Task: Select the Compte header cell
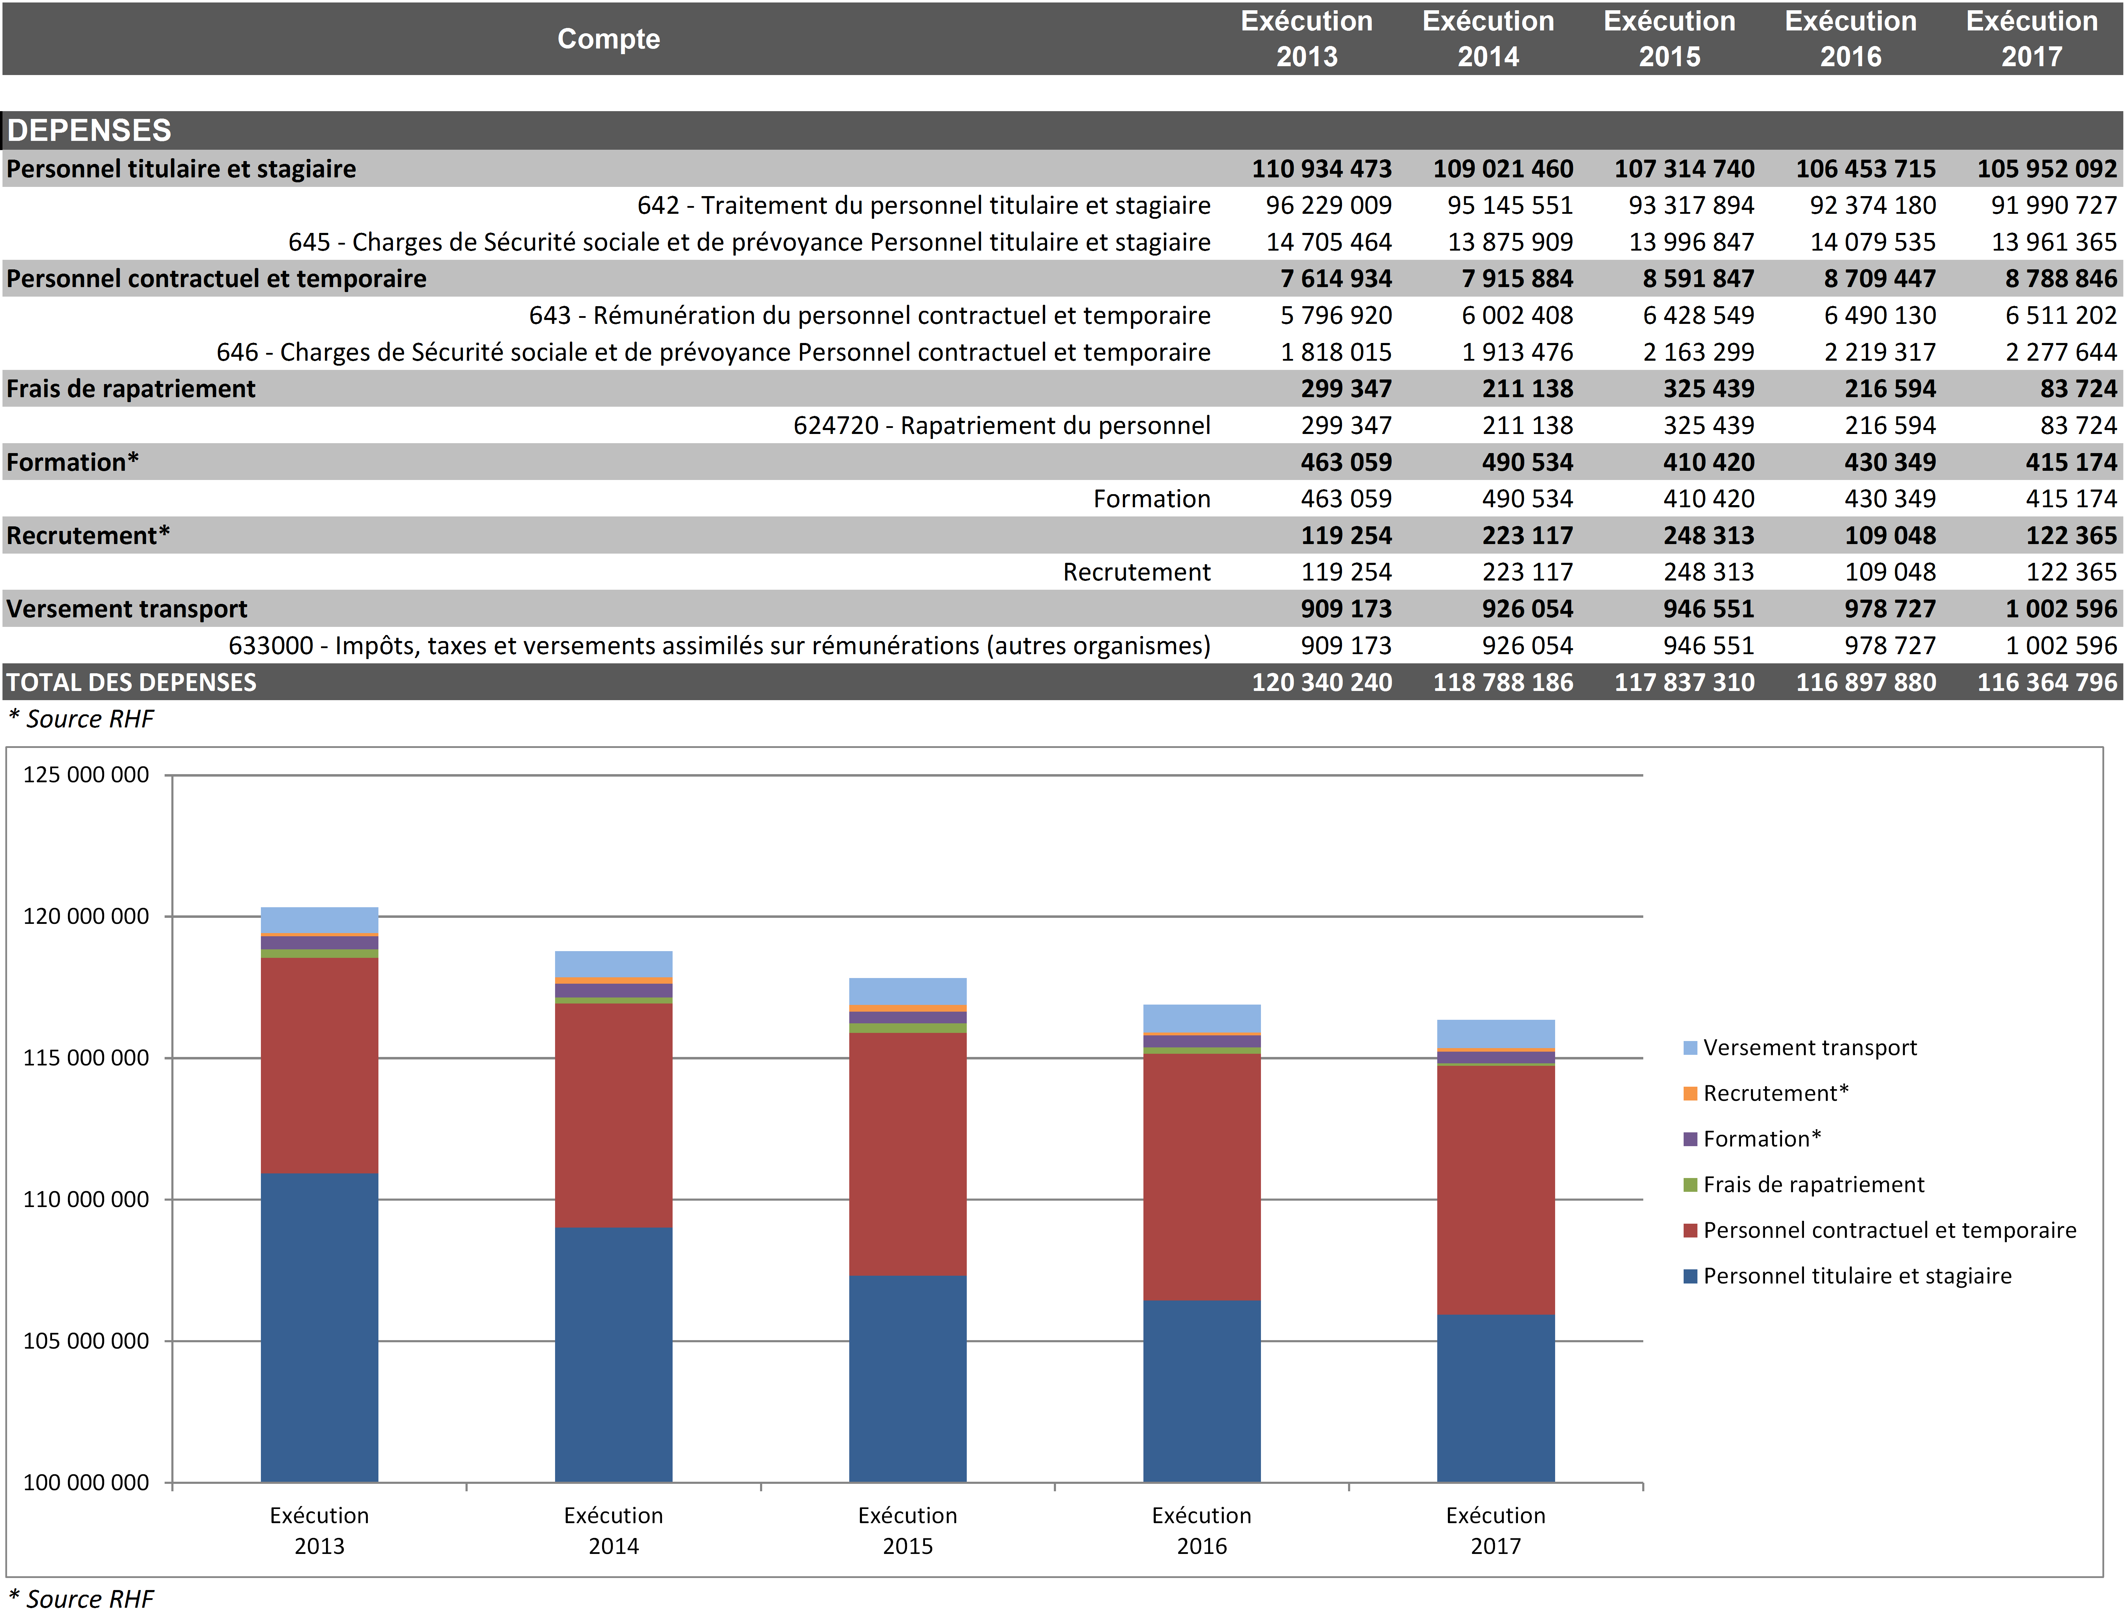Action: pyautogui.click(x=609, y=39)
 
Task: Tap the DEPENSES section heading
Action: pyautogui.click(x=90, y=130)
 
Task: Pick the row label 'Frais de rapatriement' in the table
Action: pyautogui.click(x=131, y=389)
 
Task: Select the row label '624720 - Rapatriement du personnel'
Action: pyautogui.click(x=1002, y=426)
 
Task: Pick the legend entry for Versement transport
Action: pyautogui.click(x=1809, y=1048)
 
